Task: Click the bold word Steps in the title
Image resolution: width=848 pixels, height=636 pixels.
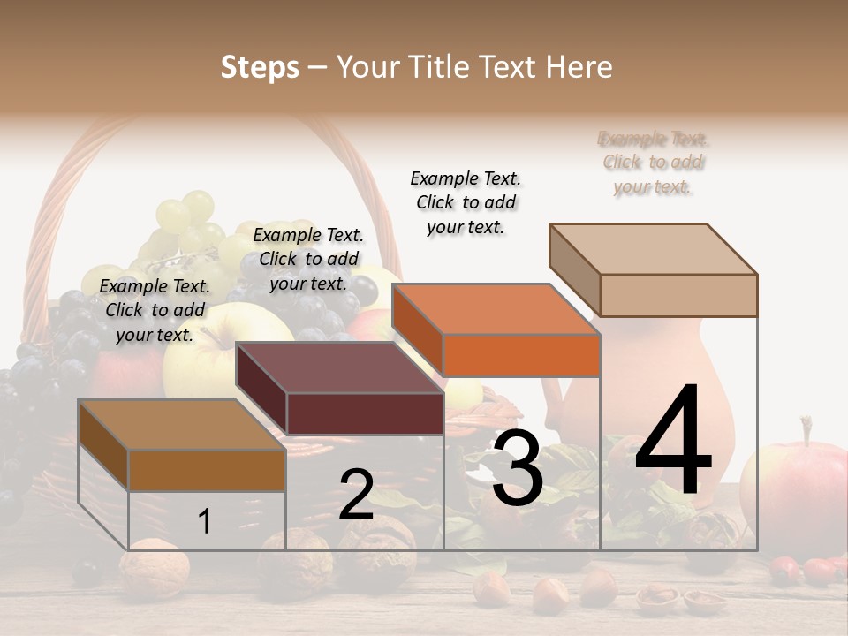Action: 260,67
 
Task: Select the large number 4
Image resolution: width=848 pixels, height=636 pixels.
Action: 673,442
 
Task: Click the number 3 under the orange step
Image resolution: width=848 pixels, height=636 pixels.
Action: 517,469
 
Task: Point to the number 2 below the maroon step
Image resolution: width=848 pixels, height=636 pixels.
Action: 356,495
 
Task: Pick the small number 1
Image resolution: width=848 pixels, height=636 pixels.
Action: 205,521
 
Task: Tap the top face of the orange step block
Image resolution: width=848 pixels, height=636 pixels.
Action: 496,309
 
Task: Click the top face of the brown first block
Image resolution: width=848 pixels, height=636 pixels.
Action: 182,425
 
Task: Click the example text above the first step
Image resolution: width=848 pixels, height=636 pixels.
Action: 155,310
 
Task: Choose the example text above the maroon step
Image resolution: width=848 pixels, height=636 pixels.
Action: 308,259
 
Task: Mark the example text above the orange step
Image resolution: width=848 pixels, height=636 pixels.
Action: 466,202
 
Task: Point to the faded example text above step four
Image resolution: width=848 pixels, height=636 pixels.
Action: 654,163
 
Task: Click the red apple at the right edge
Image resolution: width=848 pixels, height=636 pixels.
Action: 795,495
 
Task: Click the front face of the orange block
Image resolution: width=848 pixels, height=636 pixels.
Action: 521,355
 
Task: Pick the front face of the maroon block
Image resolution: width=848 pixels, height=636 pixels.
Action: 365,413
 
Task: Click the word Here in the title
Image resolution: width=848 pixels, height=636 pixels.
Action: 579,67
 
